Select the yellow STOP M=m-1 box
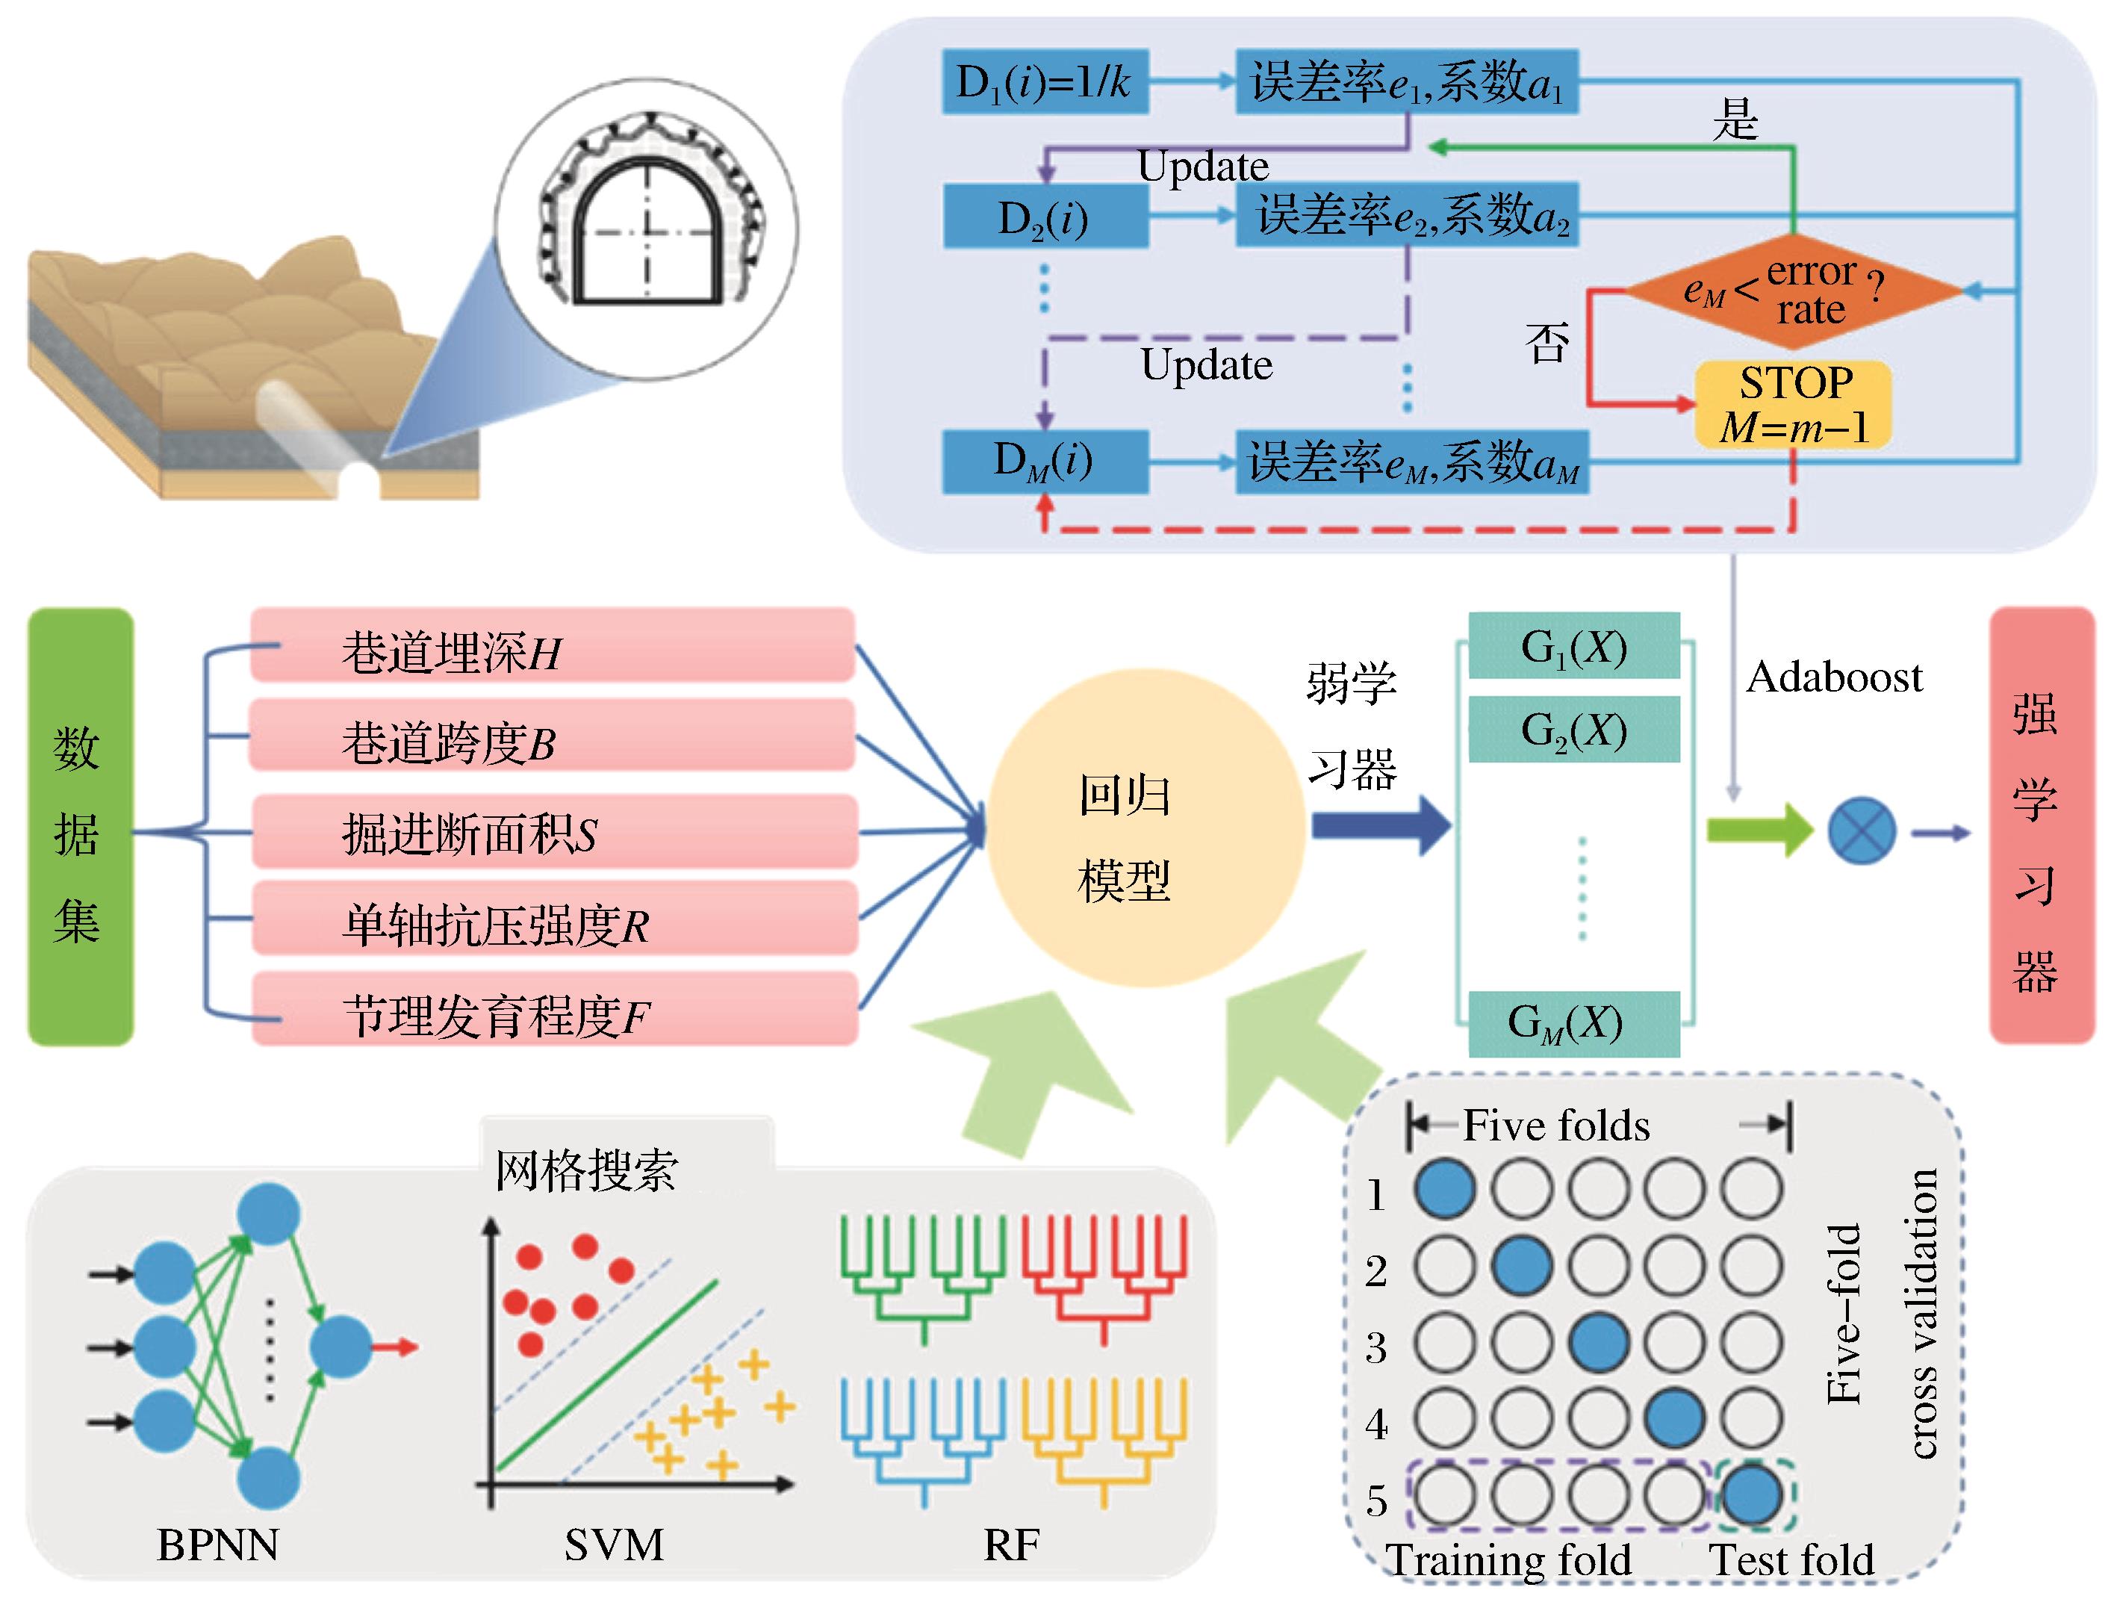[1793, 404]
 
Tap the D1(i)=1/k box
[1044, 82]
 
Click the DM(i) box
[1044, 462]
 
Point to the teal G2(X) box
[1573, 730]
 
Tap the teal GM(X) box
[1573, 1023]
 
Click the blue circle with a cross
[1861, 831]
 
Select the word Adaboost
[1834, 677]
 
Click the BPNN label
[218, 1545]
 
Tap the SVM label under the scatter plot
[614, 1545]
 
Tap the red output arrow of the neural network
[395, 1347]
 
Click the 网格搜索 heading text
[585, 1170]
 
